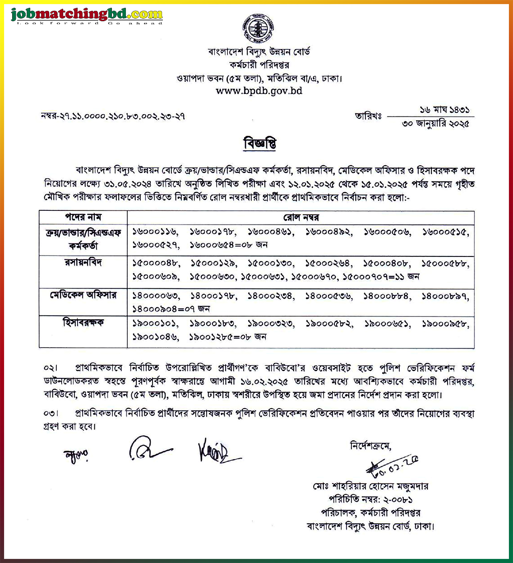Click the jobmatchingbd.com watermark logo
click(87, 16)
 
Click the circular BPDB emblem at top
click(259, 28)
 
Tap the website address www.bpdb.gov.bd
click(259, 91)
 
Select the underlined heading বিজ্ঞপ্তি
click(259, 144)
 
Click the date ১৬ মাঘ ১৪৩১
click(444, 110)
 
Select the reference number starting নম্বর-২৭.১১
click(113, 116)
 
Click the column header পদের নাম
click(83, 217)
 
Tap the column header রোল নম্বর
click(301, 217)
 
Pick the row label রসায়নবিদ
click(83, 262)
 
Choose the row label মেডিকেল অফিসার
click(83, 295)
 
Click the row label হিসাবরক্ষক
click(83, 323)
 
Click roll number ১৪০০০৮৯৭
click(445, 296)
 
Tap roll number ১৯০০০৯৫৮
click(445, 324)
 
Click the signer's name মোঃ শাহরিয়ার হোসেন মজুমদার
click(370, 486)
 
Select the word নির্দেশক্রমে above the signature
click(370, 446)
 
